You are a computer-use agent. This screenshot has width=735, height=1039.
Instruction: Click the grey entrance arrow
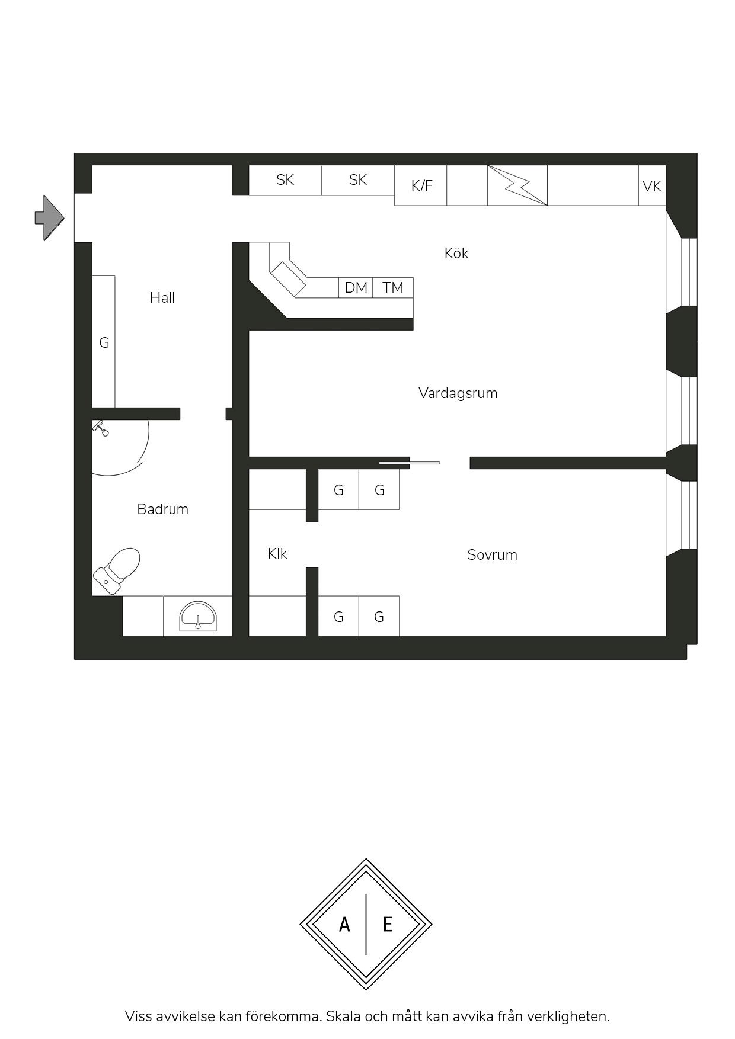[x=49, y=218]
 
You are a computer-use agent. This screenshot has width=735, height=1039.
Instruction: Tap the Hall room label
[x=162, y=297]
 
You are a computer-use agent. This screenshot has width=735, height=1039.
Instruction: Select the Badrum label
[x=162, y=509]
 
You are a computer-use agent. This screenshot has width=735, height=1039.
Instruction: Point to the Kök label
[x=456, y=253]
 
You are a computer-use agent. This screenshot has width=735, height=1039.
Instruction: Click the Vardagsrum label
[x=458, y=393]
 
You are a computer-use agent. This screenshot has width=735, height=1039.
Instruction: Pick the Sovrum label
[x=492, y=554]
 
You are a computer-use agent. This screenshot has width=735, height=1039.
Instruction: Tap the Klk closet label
[x=277, y=553]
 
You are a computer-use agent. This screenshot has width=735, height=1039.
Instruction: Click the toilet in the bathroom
[x=117, y=570]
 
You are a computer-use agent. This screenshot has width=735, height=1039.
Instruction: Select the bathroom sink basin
[x=198, y=617]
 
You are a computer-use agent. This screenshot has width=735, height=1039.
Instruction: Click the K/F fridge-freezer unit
[x=421, y=185]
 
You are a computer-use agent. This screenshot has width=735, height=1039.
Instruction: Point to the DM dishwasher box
[x=356, y=287]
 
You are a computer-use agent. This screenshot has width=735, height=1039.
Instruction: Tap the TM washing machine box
[x=393, y=287]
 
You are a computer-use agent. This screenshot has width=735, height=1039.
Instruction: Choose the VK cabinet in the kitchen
[x=652, y=185]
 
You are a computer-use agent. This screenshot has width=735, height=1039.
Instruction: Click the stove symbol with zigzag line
[x=517, y=185]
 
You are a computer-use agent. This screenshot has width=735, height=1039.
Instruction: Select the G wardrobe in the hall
[x=104, y=342]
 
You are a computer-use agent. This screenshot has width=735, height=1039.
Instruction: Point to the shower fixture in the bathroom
[x=101, y=427]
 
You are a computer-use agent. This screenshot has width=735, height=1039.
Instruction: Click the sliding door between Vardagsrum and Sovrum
[x=410, y=463]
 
